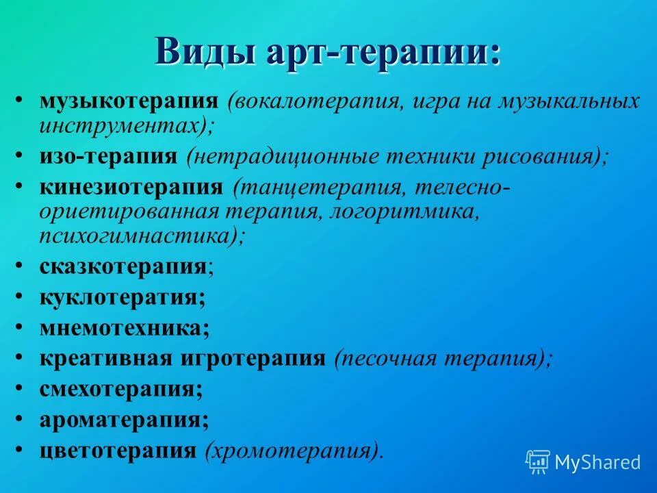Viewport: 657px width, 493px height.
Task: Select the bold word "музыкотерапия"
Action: [129, 101]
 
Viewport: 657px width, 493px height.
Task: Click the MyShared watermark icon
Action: [538, 462]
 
